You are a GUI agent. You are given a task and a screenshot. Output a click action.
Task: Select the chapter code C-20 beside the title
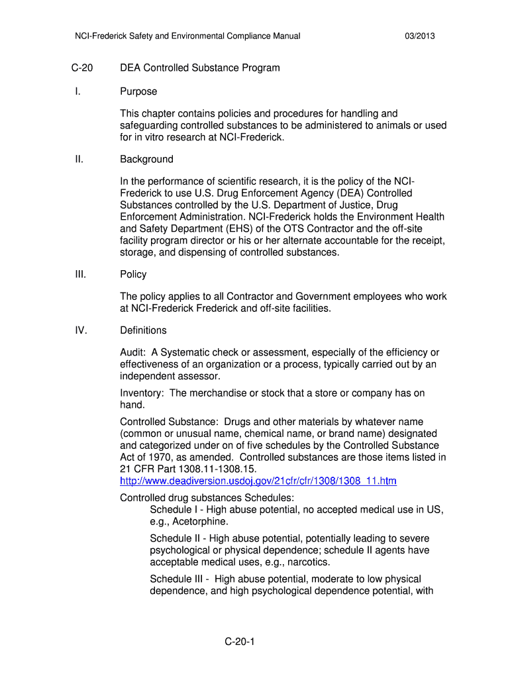pos(83,68)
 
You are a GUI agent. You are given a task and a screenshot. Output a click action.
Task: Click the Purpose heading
pos(138,91)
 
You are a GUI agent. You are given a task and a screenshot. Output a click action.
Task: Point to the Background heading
pos(146,160)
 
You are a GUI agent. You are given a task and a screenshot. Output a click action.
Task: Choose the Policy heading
pos(133,274)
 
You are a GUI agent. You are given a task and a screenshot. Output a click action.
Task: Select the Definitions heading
pos(143,330)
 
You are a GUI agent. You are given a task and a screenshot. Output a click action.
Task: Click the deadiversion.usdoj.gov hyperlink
pos(258,481)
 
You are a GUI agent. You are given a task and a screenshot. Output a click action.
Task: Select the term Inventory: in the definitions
pos(142,393)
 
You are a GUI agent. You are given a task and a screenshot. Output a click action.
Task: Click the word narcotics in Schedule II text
pos(307,562)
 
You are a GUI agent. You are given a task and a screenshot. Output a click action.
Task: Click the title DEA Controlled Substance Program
pos(200,68)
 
